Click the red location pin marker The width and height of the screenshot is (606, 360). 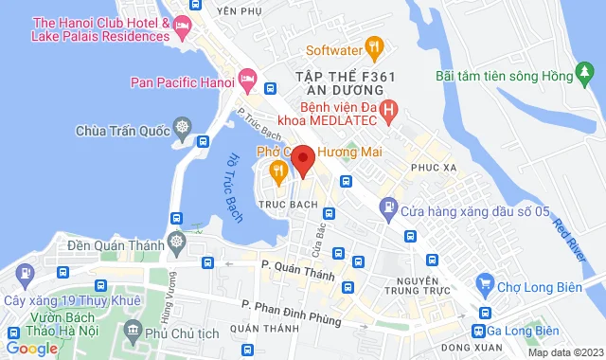[302, 159]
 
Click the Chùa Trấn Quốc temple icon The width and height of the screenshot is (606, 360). [180, 128]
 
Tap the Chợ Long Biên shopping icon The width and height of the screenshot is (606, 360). [485, 282]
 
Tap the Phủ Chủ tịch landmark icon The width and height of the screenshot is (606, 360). [131, 332]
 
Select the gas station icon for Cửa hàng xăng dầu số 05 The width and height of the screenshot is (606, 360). [387, 207]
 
